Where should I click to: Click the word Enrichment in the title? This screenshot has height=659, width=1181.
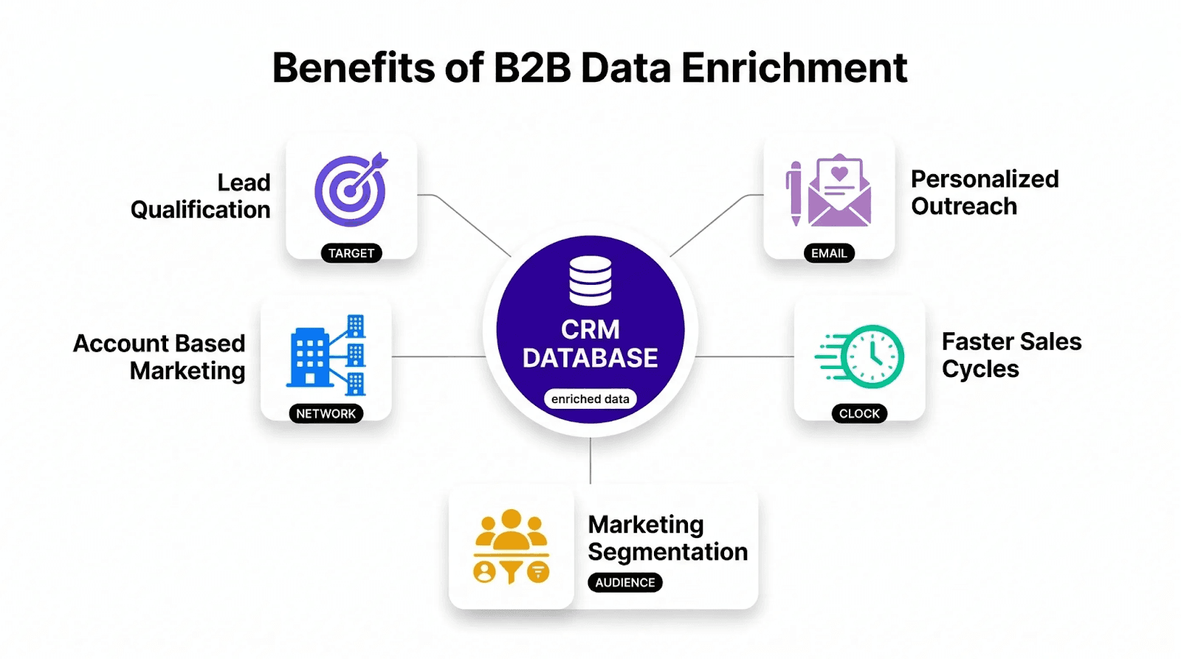[793, 68]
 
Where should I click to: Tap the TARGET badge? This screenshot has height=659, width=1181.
[351, 253]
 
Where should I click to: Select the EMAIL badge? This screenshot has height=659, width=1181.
[829, 253]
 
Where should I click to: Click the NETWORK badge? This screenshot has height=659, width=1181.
[326, 414]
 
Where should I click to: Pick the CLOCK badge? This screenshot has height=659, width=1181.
[859, 414]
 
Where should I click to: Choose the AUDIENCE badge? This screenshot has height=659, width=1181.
[625, 582]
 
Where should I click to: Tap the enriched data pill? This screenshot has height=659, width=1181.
[590, 399]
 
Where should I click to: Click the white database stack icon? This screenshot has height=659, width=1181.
[590, 280]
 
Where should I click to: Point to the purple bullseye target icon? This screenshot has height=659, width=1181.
[351, 190]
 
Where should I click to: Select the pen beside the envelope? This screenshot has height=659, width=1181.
[794, 193]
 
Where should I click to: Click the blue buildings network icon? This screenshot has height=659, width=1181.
[326, 354]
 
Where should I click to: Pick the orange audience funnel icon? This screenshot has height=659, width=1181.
[512, 547]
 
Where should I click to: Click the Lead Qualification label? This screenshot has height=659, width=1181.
[201, 196]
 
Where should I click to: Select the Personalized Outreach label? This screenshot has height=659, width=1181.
[984, 193]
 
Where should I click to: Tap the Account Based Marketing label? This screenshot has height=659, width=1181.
[159, 357]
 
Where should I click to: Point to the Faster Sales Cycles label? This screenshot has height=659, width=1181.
[1011, 355]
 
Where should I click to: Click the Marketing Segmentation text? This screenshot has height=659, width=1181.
[667, 538]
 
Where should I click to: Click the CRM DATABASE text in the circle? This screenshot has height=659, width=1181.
[590, 344]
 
